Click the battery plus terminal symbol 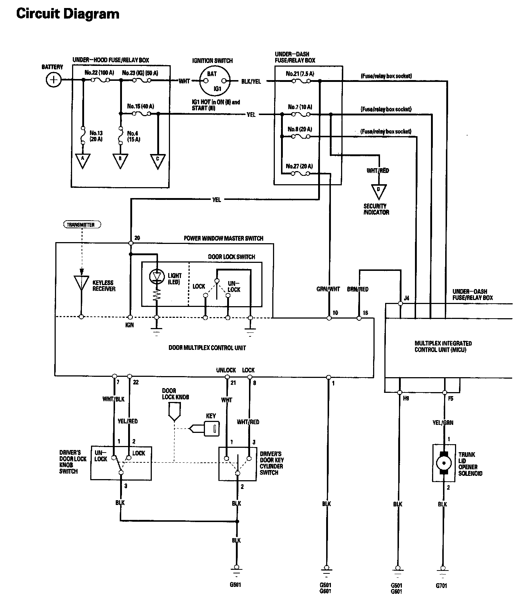coord(54,80)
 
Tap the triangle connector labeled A coord(83,161)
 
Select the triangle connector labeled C coord(158,161)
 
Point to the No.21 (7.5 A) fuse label coord(300,74)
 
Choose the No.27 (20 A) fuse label coord(299,166)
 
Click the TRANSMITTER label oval coord(82,225)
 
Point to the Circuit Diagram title coord(68,14)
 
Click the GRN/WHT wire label coord(328,289)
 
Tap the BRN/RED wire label coord(358,289)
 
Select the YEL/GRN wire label coord(443,423)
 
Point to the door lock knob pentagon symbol coord(175,411)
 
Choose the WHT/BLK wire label coord(114,399)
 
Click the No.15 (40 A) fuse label coord(141,107)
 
